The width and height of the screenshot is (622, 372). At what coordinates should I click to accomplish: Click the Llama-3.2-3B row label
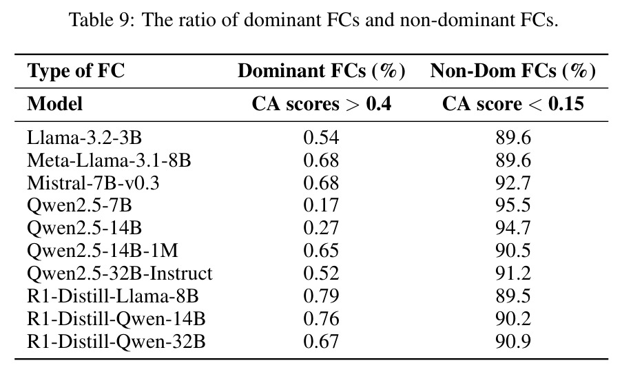[84, 138]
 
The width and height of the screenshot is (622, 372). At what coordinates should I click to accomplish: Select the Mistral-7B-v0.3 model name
[93, 183]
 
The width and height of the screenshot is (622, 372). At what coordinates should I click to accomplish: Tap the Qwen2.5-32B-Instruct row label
[120, 274]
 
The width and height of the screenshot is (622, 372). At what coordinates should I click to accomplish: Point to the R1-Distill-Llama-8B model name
[113, 296]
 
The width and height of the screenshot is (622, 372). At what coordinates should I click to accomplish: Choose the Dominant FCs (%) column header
[321, 71]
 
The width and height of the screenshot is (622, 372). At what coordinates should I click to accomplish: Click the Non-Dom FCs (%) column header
[513, 71]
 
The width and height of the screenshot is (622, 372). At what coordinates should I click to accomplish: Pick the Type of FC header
[76, 71]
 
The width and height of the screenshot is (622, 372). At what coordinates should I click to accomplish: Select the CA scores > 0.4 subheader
[321, 104]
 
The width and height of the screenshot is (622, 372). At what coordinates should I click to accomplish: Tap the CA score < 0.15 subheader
[513, 104]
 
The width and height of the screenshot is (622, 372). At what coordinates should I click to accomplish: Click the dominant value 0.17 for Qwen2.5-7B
[321, 205]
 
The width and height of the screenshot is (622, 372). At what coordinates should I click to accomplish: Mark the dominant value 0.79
[321, 296]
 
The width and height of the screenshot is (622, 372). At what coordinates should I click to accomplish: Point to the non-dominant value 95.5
[513, 205]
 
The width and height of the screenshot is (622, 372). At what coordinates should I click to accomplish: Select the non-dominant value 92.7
[513, 183]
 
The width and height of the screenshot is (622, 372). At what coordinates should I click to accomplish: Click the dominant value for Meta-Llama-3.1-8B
[321, 161]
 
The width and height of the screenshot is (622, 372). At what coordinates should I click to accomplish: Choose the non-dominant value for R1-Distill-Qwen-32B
[513, 342]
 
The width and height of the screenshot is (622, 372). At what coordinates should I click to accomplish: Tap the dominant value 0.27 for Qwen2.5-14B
[321, 228]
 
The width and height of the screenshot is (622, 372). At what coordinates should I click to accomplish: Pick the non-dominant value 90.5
[513, 251]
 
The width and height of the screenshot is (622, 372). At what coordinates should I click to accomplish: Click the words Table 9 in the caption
[99, 19]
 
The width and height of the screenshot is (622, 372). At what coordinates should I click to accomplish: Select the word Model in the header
[54, 104]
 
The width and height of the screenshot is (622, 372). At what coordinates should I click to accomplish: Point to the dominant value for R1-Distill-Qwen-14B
[321, 319]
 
